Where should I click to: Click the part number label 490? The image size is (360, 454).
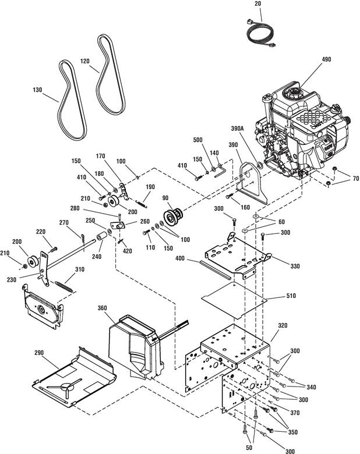pyautogui.click(x=326, y=59)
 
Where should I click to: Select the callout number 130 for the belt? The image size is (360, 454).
pyautogui.click(x=37, y=90)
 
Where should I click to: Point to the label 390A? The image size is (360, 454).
pyautogui.click(x=237, y=128)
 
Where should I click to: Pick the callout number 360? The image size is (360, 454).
pyautogui.click(x=103, y=308)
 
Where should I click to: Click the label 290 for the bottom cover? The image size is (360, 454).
pyautogui.click(x=39, y=352)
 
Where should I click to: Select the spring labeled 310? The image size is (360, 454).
pyautogui.click(x=63, y=286)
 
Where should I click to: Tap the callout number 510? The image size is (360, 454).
pyautogui.click(x=291, y=296)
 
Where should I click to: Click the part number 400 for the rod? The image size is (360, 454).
pyautogui.click(x=180, y=258)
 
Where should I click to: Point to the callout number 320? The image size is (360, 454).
pyautogui.click(x=283, y=325)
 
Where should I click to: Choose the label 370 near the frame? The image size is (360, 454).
pyautogui.click(x=295, y=413)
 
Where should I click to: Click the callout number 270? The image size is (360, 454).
pyautogui.click(x=63, y=222)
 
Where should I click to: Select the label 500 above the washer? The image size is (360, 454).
pyautogui.click(x=197, y=140)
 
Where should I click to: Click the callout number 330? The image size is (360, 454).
pyautogui.click(x=295, y=266)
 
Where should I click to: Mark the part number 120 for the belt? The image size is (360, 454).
pyautogui.click(x=84, y=61)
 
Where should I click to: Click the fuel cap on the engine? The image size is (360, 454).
pyautogui.click(x=294, y=93)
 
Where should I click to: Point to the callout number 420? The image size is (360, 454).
pyautogui.click(x=127, y=250)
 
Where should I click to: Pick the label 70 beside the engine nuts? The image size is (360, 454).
pyautogui.click(x=356, y=178)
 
